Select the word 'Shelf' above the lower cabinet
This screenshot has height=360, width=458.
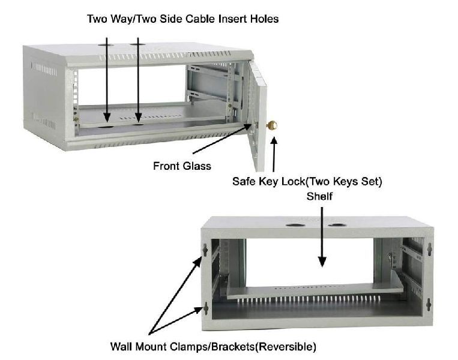322,196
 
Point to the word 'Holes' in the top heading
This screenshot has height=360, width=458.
264,19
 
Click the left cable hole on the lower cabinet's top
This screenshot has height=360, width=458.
295,226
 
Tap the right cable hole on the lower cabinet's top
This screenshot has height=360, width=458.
337,226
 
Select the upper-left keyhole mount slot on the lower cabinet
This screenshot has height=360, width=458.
206,249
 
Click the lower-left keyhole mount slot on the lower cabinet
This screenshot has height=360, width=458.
206,308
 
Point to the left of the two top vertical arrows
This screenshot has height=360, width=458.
107,78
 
